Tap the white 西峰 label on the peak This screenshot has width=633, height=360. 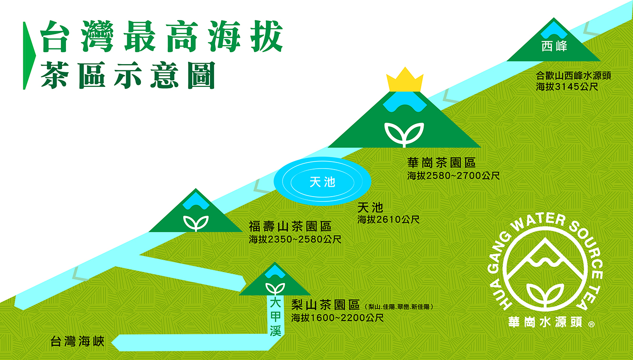[554, 46]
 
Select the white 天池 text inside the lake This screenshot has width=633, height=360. [322, 182]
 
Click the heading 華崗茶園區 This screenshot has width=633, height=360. [442, 163]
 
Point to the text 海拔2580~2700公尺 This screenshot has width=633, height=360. [453, 176]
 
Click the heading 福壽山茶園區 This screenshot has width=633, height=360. [290, 227]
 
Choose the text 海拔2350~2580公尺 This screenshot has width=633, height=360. [295, 239]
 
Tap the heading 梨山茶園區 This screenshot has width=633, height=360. [326, 305]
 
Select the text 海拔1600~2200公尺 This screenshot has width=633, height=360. [338, 318]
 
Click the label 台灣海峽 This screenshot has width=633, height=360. [77, 341]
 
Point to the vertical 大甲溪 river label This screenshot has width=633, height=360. [275, 317]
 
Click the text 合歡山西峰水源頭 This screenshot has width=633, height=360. [574, 76]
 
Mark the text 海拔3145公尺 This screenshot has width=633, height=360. [567, 86]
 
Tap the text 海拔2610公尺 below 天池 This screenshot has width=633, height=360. [388, 219]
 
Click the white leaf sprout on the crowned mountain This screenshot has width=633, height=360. [404, 134]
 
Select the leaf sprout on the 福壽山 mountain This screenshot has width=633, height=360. [196, 223]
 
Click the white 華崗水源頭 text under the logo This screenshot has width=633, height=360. [545, 322]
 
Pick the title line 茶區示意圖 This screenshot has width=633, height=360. [128, 76]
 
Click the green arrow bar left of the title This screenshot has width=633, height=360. [29, 56]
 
